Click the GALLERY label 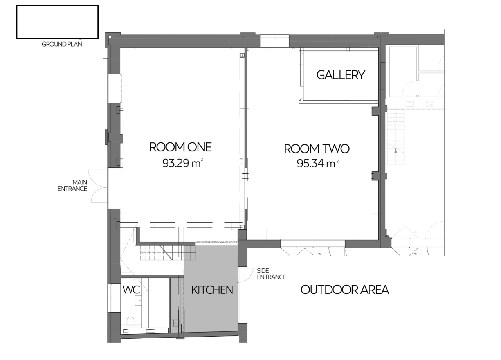point(341,75)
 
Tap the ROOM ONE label point(180,147)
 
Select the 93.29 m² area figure point(182,163)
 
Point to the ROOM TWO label point(317,149)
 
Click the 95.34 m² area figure point(317,164)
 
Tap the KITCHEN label point(212,290)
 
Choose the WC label point(131,290)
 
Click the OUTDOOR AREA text point(345,290)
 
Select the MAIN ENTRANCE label point(72,185)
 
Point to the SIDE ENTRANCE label point(272,274)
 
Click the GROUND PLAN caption point(62,44)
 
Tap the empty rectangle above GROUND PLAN point(57,22)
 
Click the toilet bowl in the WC point(130,320)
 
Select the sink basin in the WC point(138,300)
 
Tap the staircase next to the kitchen point(168,252)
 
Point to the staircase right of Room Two point(396,137)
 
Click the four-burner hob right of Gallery point(429,104)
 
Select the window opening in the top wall point(274,41)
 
